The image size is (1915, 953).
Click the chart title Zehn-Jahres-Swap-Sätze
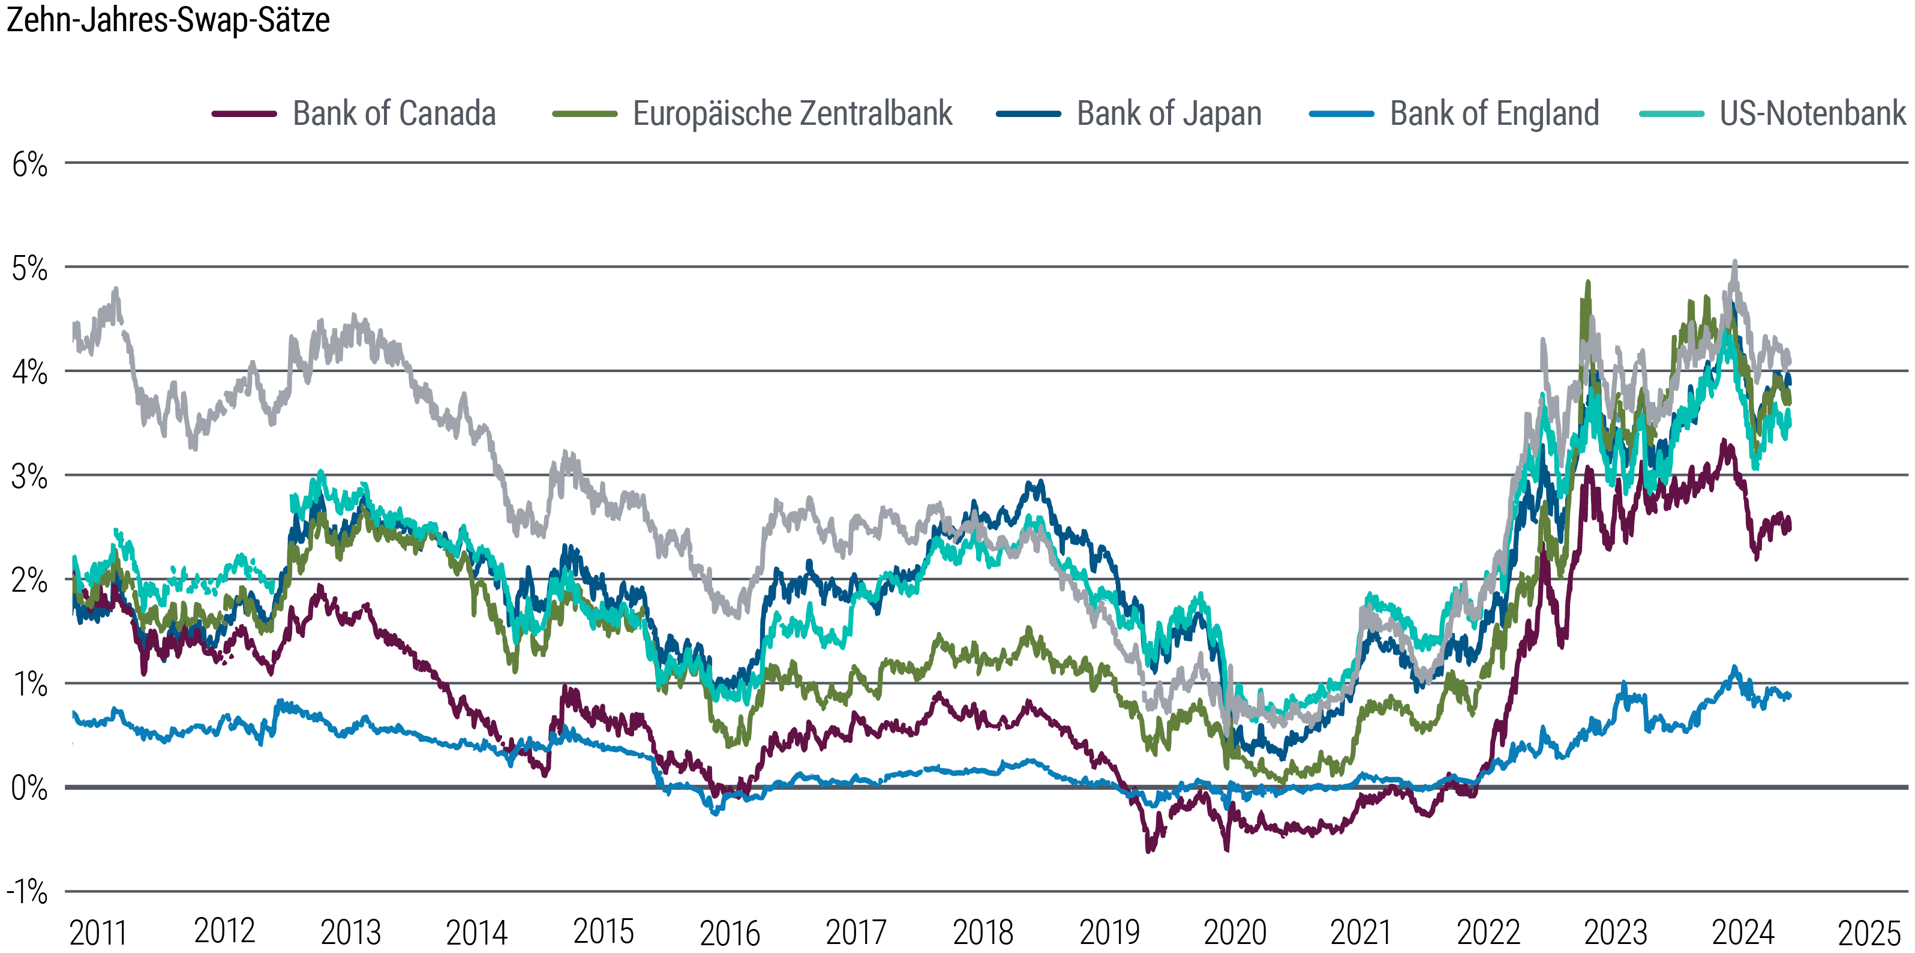coord(168,20)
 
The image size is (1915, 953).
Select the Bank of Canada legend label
coord(394,114)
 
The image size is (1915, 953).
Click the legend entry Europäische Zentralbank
coord(792,114)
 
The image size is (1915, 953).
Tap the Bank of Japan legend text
coord(1169,114)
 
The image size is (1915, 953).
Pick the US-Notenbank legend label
coord(1812,114)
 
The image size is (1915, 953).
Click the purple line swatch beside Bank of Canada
coord(244,114)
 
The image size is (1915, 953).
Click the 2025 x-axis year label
coord(1868,932)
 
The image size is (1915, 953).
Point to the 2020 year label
coord(1235,932)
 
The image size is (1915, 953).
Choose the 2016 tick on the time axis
coord(730,932)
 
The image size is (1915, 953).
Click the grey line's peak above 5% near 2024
coord(1734,262)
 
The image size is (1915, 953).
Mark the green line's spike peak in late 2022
coord(1588,283)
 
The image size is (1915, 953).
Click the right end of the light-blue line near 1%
coord(1788,696)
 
